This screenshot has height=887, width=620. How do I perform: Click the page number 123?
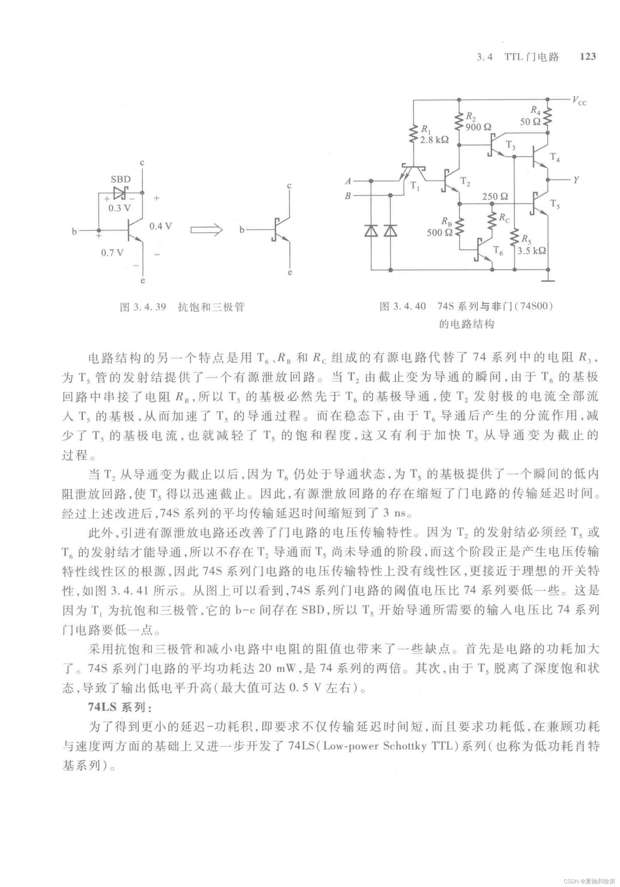pos(588,56)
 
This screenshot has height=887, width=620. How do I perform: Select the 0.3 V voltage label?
pos(119,208)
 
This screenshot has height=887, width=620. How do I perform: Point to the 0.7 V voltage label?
pos(112,253)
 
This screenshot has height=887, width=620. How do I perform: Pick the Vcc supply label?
pos(579,101)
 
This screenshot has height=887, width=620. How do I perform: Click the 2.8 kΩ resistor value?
pos(434,140)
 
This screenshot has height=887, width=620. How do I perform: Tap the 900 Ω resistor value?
pos(478,127)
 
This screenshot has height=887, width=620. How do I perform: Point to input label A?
pos(348,181)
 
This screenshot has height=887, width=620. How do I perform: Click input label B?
pos(348,196)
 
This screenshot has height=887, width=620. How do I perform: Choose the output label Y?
pos(576,180)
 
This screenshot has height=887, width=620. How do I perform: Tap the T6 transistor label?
pos(498,251)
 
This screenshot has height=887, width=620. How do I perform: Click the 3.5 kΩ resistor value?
pos(532,251)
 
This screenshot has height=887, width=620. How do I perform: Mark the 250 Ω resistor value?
pos(495,197)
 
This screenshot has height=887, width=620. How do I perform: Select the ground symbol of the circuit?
pos(548,279)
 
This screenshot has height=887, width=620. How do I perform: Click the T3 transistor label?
pos(510,145)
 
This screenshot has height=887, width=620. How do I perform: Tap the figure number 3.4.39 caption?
pos(143,307)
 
